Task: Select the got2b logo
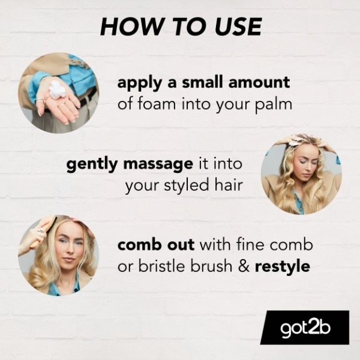pos(304,328)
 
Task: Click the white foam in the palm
pos(56,91)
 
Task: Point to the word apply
pos(139,82)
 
